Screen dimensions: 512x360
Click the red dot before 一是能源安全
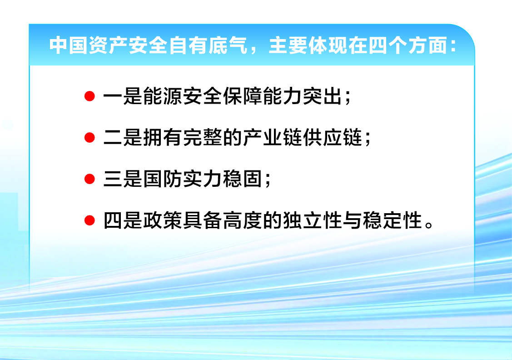pos(89,96)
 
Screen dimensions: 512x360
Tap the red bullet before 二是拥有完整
pos(89,138)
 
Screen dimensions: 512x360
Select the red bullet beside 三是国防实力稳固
pos(89,179)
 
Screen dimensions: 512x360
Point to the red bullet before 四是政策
pos(89,220)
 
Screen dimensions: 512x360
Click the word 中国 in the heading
pos(68,45)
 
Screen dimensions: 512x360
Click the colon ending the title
pos(453,46)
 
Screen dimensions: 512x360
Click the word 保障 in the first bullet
pos(243,96)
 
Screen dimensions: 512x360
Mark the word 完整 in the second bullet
pos(203,138)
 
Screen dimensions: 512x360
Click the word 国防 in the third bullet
pos(163,179)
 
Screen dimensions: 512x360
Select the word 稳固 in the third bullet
pos(243,179)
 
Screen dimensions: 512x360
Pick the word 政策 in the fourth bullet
pos(163,220)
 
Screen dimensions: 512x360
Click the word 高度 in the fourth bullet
pos(243,220)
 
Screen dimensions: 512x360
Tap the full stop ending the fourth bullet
pos(429,225)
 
